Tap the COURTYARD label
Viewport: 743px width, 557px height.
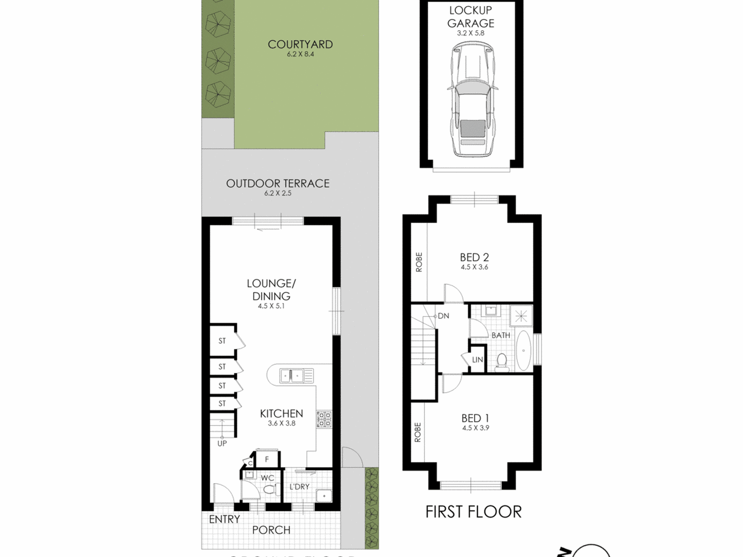coord(300,45)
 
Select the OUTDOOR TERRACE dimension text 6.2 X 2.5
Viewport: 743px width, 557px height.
coord(278,193)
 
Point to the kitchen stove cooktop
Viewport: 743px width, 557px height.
coord(324,419)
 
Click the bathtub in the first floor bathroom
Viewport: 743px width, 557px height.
coord(523,351)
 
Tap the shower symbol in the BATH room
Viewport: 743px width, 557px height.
coord(521,316)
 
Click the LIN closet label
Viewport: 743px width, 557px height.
coord(477,360)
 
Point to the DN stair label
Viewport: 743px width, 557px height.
coord(443,316)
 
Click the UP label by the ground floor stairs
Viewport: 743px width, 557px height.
coord(222,444)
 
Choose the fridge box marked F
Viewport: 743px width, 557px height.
coord(267,459)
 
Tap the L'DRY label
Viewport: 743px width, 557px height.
coord(299,487)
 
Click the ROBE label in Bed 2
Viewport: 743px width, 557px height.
coord(419,262)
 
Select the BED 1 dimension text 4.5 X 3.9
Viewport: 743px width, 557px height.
coord(475,428)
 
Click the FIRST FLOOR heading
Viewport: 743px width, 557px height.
coord(473,512)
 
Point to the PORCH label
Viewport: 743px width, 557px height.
coord(271,530)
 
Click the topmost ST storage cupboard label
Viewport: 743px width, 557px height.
coord(222,341)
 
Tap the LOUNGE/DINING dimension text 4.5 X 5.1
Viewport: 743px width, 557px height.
coord(271,306)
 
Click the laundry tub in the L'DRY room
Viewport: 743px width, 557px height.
coord(324,496)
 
